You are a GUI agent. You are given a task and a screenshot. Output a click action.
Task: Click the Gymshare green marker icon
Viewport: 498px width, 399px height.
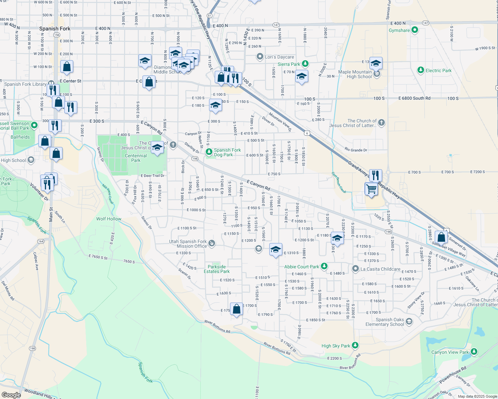414,30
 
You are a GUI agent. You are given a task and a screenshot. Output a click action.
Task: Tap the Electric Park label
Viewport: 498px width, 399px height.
438,70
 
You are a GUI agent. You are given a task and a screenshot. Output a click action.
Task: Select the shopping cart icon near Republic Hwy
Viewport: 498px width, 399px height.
371,189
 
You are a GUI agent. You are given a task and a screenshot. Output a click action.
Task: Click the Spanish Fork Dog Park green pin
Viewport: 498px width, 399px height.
209,152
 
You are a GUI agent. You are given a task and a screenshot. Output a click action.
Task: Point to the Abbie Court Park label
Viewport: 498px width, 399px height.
302,267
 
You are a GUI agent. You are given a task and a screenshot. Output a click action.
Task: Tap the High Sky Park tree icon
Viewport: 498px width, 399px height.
355,345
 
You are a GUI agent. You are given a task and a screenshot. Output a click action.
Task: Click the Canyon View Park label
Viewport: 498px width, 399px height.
450,352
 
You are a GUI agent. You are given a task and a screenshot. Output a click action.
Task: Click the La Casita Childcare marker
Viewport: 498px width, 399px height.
356,269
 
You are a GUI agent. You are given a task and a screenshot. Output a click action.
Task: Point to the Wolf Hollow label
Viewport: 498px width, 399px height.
109,219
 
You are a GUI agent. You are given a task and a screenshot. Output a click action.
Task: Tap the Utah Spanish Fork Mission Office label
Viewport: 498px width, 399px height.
188,244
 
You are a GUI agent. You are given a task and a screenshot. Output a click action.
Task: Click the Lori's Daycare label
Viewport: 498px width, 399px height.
279,57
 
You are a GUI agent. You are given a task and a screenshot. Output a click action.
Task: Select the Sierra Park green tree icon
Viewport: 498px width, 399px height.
305,64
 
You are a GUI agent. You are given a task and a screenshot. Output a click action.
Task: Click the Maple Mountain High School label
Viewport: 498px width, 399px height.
355,74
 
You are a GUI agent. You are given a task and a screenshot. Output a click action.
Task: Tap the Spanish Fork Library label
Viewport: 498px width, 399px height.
25,84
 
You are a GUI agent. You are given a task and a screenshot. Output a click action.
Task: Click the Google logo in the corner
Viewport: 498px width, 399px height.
11,395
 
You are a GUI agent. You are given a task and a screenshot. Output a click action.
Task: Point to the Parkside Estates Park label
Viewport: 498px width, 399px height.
217,269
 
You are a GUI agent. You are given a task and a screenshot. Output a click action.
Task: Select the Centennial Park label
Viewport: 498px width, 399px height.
136,158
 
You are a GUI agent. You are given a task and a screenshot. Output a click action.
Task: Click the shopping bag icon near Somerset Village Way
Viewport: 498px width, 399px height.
441,237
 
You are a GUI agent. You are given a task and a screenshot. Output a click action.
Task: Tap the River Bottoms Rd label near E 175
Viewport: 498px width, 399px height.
217,327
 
